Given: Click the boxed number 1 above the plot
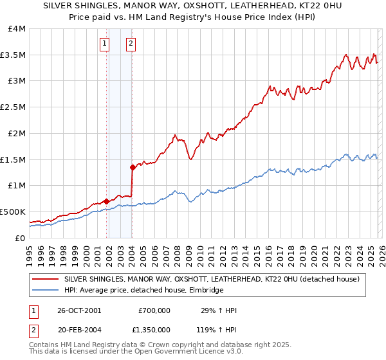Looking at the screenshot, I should [104, 44].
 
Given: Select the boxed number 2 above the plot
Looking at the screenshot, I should [131, 44].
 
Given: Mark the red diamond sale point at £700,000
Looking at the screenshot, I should [106, 201].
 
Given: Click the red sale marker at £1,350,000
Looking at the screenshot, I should [133, 167].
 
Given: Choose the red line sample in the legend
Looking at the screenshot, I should [46, 279].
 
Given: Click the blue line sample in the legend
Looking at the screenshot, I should [46, 291].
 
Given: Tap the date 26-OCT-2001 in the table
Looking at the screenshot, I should [79, 310].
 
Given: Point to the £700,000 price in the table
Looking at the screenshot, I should [154, 310].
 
